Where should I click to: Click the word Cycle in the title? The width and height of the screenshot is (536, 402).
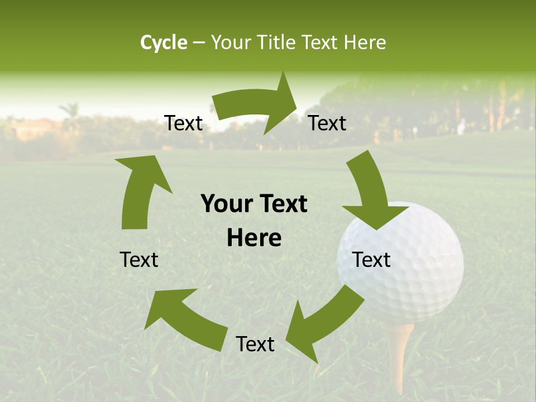[x=164, y=42]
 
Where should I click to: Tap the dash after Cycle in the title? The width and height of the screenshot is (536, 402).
[x=199, y=43]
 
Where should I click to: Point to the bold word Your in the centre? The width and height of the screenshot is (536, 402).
[x=223, y=204]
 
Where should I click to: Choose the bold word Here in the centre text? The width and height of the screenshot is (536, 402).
[x=254, y=238]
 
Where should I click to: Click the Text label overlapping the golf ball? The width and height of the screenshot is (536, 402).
[x=371, y=260]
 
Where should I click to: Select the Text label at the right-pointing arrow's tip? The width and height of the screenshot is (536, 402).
[x=327, y=123]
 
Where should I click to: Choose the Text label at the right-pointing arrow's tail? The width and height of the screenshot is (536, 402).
[x=183, y=123]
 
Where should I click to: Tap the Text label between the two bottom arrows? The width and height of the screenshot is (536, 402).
[x=255, y=344]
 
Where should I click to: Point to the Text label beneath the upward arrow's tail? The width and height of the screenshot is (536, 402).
[x=139, y=260]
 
